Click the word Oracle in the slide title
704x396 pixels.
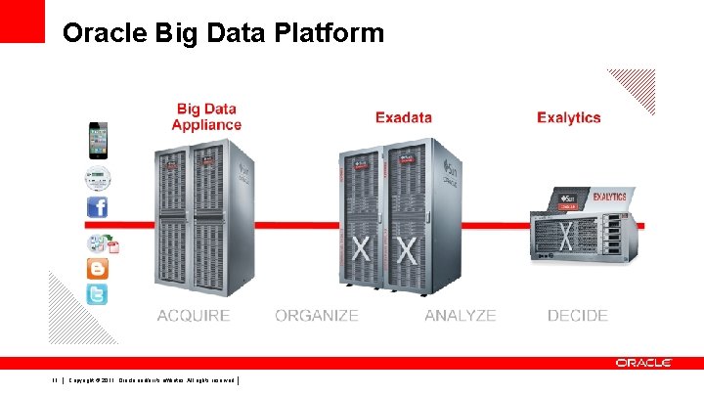tap(103, 34)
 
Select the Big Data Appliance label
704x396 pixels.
tap(206, 116)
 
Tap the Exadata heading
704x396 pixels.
tap(404, 118)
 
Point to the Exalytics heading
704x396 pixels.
tap(569, 118)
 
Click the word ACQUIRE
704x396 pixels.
tap(194, 316)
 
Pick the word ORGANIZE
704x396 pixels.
tap(317, 316)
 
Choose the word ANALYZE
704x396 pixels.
tap(460, 316)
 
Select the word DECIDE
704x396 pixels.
tap(577, 316)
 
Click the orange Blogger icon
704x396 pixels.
tap(97, 268)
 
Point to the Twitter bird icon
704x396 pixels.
tap(97, 294)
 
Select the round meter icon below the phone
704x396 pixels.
tap(97, 179)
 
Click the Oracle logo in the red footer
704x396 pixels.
tap(643, 363)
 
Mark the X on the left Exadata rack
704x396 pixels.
tap(361, 248)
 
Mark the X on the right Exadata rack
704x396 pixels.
tap(405, 248)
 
